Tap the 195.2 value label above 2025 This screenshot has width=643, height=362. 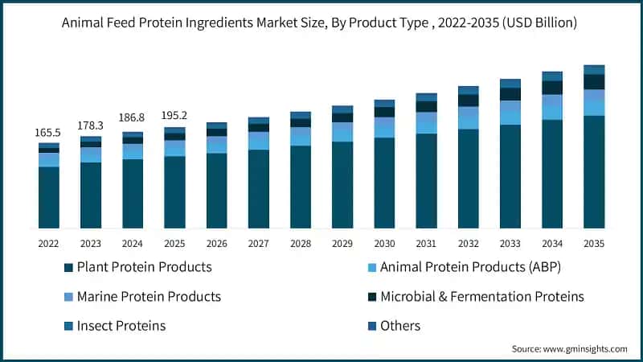tap(174, 114)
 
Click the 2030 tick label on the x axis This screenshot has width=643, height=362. tap(384, 243)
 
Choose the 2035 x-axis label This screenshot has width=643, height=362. tap(594, 243)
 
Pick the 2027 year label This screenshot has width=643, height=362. tap(259, 243)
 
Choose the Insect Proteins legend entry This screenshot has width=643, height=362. tap(121, 326)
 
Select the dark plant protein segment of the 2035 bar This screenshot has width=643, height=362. tap(594, 172)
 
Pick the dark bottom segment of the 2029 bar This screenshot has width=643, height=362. tap(342, 185)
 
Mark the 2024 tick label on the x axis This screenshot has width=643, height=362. tap(133, 243)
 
